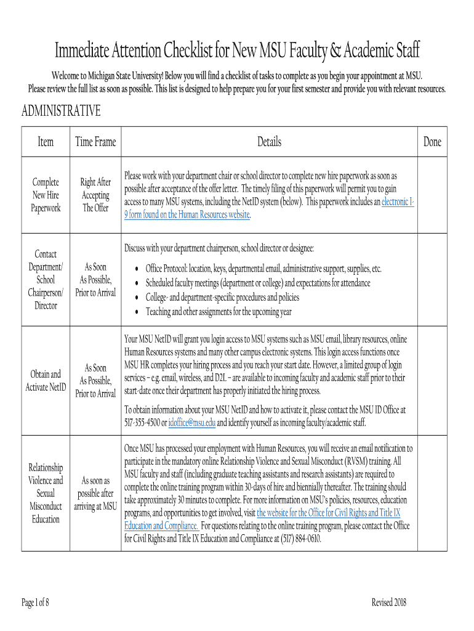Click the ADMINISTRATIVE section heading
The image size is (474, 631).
pyautogui.click(x=61, y=111)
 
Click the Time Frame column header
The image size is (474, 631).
pyautogui.click(x=95, y=142)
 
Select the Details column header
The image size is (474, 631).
pyautogui.click(x=269, y=142)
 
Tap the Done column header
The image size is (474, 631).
pyautogui.click(x=432, y=142)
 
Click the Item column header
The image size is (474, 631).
pyautogui.click(x=46, y=142)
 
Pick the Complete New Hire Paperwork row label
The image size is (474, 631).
pyautogui.click(x=46, y=195)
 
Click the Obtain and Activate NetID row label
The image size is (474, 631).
pyautogui.click(x=46, y=381)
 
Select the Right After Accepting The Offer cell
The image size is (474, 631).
pyautogui.click(x=95, y=195)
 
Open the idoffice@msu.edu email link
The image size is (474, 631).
pyautogui.click(x=192, y=422)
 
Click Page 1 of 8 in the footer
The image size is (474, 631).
pyautogui.click(x=35, y=603)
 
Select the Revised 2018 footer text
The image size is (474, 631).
pyautogui.click(x=389, y=603)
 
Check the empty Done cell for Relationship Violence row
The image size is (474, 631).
pyautogui.click(x=432, y=493)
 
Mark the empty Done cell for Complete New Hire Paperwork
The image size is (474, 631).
pyautogui.click(x=432, y=195)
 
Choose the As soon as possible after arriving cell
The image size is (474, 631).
pyautogui.click(x=95, y=493)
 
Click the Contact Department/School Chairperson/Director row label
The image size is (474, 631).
pyautogui.click(x=46, y=280)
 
